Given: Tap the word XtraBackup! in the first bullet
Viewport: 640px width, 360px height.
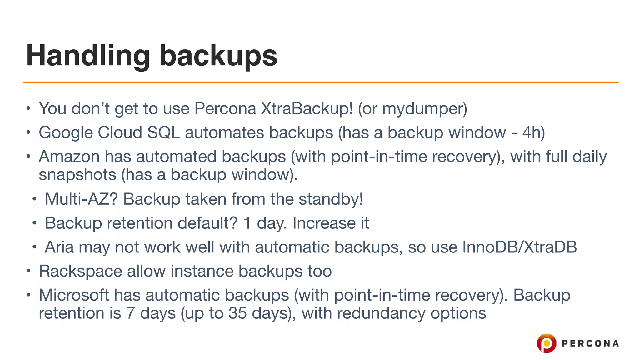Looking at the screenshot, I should pos(307,108).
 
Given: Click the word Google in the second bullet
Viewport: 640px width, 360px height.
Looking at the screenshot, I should pos(66,132).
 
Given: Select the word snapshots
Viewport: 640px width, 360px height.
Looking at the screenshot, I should pos(77,175).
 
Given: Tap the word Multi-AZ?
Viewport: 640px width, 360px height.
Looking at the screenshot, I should pos(81,199).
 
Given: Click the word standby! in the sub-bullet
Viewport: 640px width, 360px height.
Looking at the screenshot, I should pos(331,199).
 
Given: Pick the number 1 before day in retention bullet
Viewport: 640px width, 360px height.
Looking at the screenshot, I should pos(247,223).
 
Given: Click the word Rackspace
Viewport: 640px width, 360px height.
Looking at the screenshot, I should pos(80,271).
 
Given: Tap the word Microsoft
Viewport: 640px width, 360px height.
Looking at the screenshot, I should pos(74,295).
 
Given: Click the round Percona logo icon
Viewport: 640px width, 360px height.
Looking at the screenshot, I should pos(547,343).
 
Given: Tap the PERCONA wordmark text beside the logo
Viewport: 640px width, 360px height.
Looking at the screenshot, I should pos(590,343).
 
